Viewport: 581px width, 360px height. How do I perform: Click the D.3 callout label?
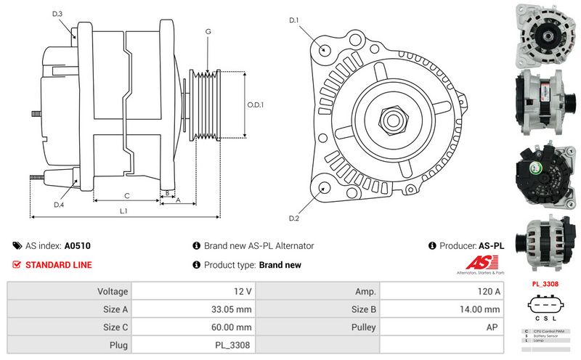[57, 14]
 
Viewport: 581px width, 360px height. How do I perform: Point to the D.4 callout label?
[59, 205]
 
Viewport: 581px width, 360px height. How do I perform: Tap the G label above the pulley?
[208, 31]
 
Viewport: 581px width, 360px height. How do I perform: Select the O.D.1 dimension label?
[254, 104]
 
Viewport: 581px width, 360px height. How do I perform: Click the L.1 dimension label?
[124, 210]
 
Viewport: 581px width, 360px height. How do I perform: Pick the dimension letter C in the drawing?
[126, 195]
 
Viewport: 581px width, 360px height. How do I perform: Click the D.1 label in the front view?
[294, 20]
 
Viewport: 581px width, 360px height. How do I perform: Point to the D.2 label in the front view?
[294, 218]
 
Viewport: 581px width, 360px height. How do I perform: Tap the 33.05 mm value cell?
[195, 309]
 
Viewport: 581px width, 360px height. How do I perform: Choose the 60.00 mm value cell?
[195, 327]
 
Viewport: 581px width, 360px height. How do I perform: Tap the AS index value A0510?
[78, 246]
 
